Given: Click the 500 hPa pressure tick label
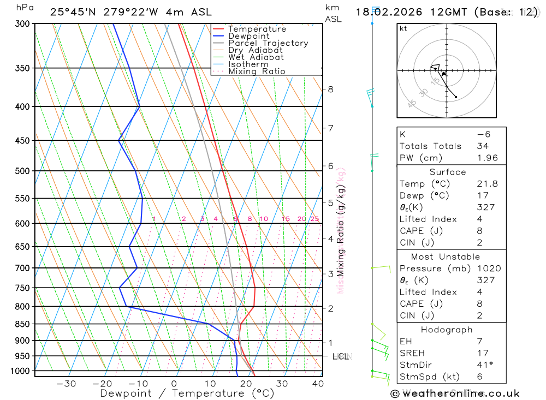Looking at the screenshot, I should click(x=22, y=171).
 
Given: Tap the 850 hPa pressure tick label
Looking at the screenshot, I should click(x=22, y=324).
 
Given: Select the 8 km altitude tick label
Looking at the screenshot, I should click(x=330, y=89).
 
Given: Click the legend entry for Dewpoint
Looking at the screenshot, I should click(x=248, y=36).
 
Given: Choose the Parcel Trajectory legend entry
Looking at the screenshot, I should click(x=268, y=43).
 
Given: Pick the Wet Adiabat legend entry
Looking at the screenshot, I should click(x=256, y=57).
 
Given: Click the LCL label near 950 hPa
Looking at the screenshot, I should click(x=341, y=356).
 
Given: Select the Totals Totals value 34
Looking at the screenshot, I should click(x=482, y=146).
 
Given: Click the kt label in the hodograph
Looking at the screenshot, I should click(x=403, y=28).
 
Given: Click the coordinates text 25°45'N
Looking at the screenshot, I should click(x=73, y=12).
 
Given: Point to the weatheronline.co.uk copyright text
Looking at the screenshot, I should click(x=455, y=393).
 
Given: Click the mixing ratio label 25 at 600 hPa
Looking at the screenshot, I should click(x=314, y=219).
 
